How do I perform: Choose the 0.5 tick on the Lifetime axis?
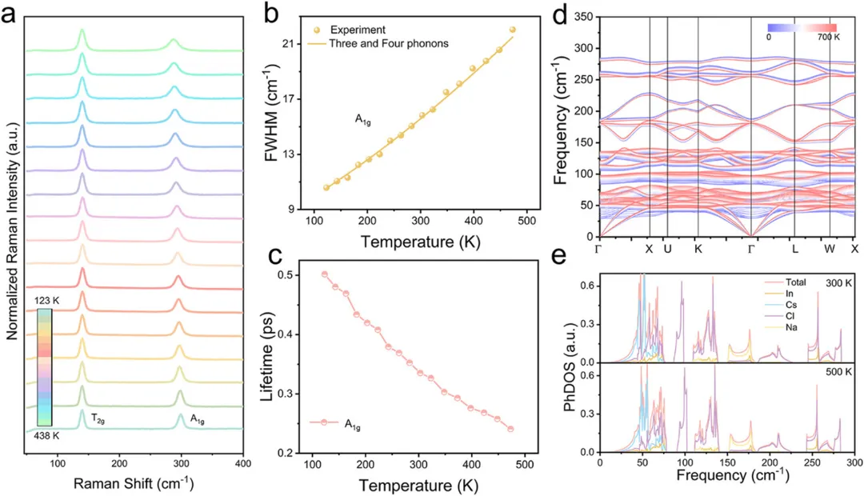pyautogui.click(x=300, y=274)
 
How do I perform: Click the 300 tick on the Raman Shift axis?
pyautogui.click(x=181, y=463)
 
